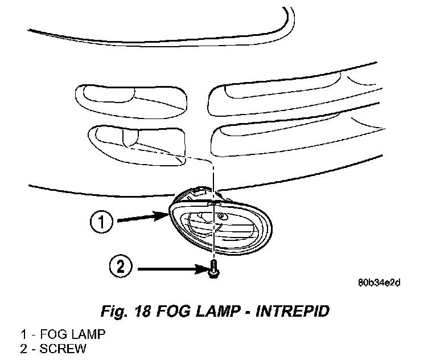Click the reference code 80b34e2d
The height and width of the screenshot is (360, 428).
(379, 282)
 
